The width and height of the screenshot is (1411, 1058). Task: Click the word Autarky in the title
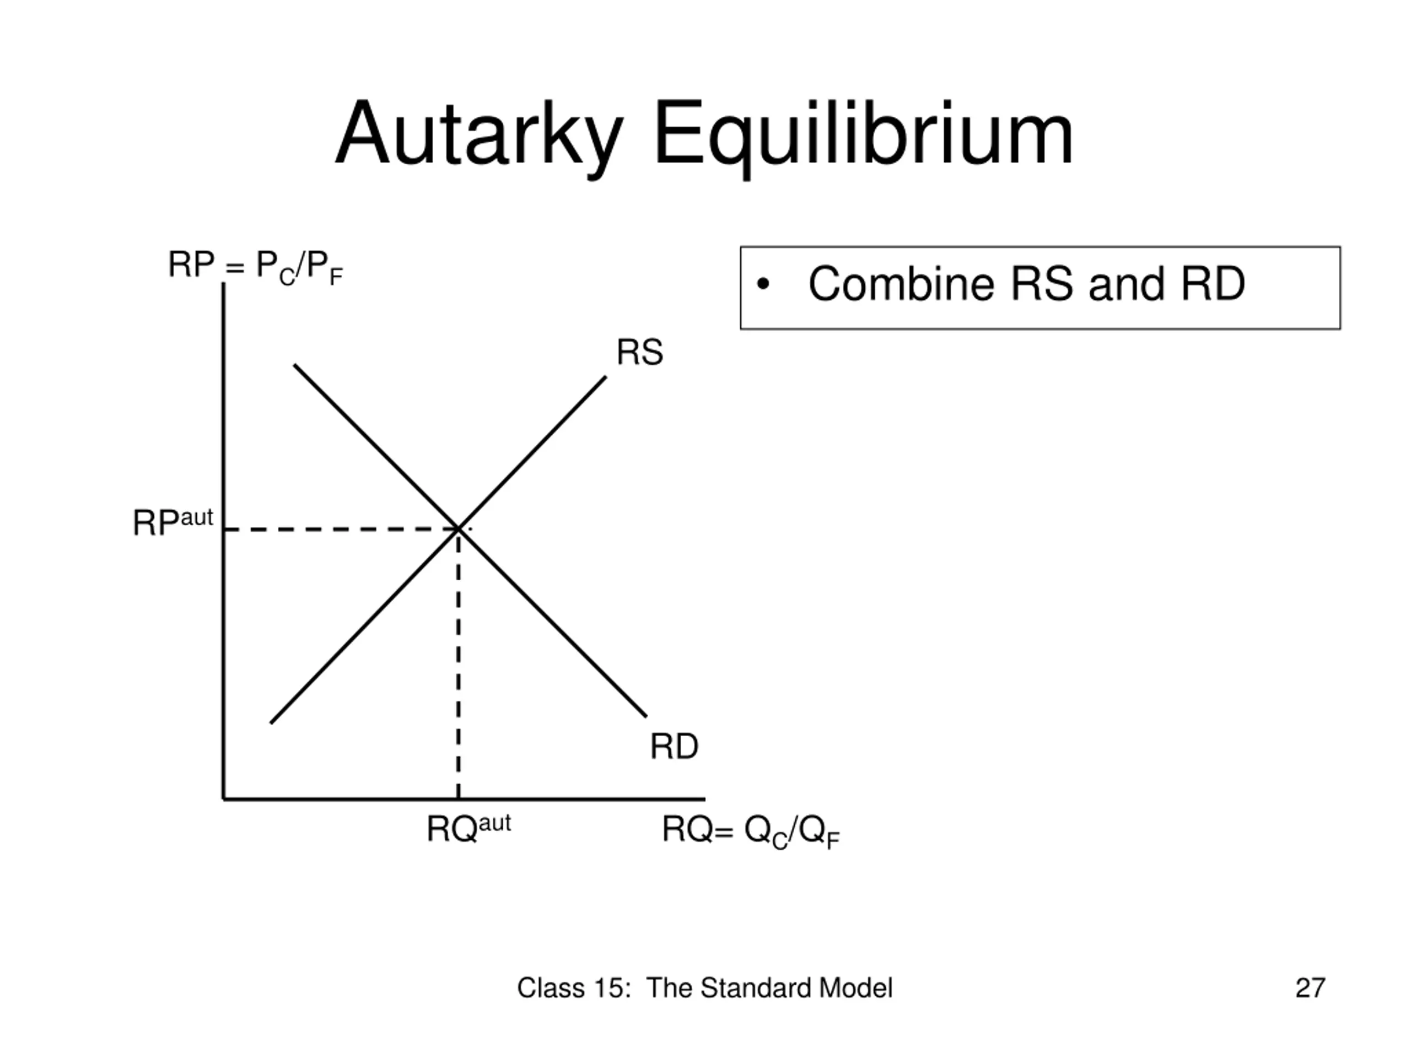pyautogui.click(x=478, y=135)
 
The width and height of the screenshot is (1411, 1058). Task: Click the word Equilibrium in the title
pyautogui.click(x=863, y=135)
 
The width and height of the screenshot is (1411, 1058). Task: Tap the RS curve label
pyautogui.click(x=639, y=353)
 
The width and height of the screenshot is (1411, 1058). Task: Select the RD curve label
pyautogui.click(x=674, y=747)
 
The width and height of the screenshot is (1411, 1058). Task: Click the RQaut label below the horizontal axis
pyautogui.click(x=468, y=828)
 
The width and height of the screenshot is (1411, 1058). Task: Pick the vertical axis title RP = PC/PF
pyautogui.click(x=255, y=267)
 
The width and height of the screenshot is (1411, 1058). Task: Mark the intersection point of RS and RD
pyautogui.click(x=458, y=528)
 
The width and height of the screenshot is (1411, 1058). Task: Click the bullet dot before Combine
pyautogui.click(x=762, y=284)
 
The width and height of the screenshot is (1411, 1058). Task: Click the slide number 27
pyautogui.click(x=1310, y=988)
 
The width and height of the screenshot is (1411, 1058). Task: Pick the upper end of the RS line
pyautogui.click(x=605, y=377)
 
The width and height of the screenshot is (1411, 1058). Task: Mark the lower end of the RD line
pyautogui.click(x=645, y=716)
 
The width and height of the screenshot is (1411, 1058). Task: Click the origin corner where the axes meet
pyautogui.click(x=224, y=798)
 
